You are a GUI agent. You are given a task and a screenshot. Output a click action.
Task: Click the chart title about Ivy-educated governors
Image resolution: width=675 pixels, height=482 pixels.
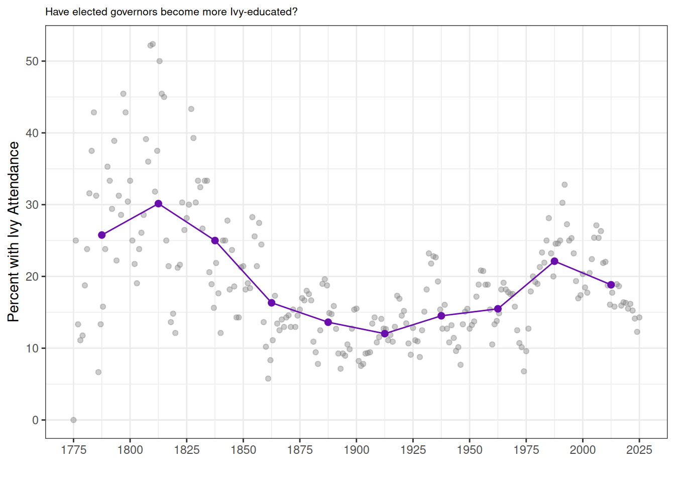click(171, 12)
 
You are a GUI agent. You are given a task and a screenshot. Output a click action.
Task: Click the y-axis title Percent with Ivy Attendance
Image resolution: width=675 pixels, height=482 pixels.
click(14, 231)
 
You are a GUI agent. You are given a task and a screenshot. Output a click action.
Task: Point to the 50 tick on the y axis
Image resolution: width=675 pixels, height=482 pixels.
click(32, 61)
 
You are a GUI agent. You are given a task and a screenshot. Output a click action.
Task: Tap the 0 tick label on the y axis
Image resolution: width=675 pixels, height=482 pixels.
click(35, 420)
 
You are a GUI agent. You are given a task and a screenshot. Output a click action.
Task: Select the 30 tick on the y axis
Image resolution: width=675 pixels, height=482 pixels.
click(32, 205)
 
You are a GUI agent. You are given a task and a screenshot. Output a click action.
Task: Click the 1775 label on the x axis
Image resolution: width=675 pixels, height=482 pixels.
click(73, 450)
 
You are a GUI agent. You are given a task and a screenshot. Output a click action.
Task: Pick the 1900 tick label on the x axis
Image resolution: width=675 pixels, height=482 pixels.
click(357, 450)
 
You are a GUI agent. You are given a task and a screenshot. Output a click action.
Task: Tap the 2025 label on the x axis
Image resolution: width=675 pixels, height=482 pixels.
click(639, 450)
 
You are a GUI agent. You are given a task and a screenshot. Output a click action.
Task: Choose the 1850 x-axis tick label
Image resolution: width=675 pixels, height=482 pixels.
click(243, 450)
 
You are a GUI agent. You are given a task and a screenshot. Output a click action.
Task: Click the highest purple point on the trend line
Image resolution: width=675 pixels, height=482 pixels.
click(158, 204)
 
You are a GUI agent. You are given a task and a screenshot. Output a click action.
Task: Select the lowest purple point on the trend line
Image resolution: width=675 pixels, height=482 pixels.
click(385, 333)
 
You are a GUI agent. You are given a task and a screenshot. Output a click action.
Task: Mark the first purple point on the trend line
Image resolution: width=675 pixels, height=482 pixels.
click(102, 235)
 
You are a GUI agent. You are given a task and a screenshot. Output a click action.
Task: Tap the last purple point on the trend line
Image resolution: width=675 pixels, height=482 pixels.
click(611, 285)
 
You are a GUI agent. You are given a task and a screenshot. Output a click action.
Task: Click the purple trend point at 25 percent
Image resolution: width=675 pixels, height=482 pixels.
click(215, 240)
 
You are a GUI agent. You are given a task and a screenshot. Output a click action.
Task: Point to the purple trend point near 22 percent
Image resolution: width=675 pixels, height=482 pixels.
click(554, 261)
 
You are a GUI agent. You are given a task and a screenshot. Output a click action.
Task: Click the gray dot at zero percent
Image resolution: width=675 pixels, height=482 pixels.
click(73, 420)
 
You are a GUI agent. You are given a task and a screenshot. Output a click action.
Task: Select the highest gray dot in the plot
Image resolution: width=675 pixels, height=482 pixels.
click(153, 44)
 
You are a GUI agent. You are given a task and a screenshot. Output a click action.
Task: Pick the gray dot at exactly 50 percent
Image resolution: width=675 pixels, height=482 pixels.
click(159, 61)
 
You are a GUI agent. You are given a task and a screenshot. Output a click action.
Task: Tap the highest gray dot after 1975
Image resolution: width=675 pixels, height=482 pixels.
click(565, 185)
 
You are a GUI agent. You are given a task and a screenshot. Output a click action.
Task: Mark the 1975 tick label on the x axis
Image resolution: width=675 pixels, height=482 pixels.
click(526, 450)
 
